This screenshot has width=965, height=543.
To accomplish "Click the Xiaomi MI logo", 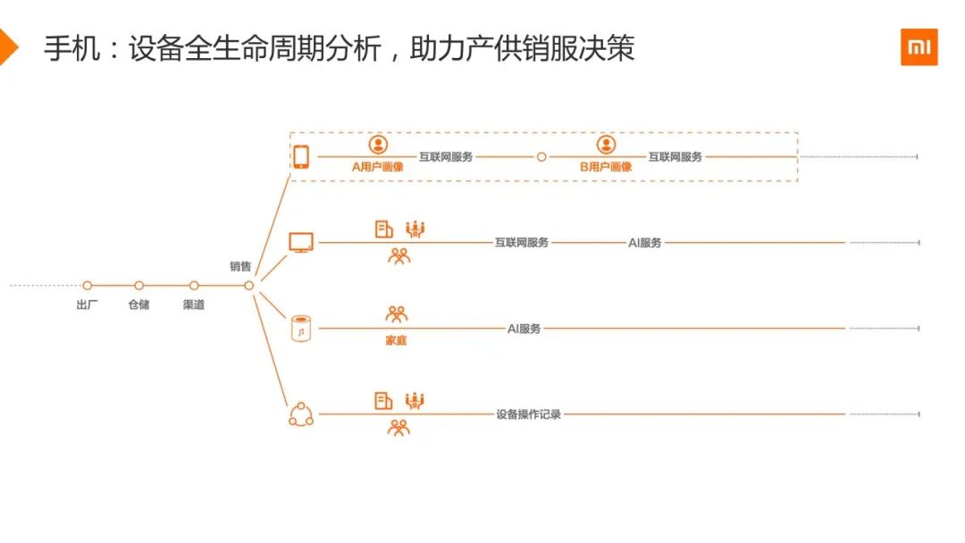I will coord(919,47).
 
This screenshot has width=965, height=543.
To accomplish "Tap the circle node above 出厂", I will coord(88,286).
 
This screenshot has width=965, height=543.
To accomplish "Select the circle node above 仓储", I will coord(139,286).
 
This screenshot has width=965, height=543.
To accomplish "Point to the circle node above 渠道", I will coord(194,286).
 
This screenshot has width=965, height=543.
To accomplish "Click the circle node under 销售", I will coord(249,286).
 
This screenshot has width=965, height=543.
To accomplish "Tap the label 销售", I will coord(240,266).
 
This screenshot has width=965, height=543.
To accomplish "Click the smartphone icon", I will coord(301,157).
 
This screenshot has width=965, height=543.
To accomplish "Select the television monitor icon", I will coord(301,242).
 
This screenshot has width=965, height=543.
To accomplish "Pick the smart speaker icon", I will coord(301,329).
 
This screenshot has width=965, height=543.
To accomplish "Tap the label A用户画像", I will coord(378,166).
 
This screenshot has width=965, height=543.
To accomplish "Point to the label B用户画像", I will coord(606,166).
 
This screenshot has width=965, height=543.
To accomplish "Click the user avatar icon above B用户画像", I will coord(606,145).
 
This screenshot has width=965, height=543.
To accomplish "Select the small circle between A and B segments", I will coord(541,157).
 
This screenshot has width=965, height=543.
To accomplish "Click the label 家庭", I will coord(395,341).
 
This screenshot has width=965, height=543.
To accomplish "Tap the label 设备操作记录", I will coord(529,414).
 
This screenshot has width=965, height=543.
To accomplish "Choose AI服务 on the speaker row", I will coord(524,329).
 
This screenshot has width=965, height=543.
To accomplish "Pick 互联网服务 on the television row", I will coord(522,242).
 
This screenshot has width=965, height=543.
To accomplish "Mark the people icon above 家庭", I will coord(396,314).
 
